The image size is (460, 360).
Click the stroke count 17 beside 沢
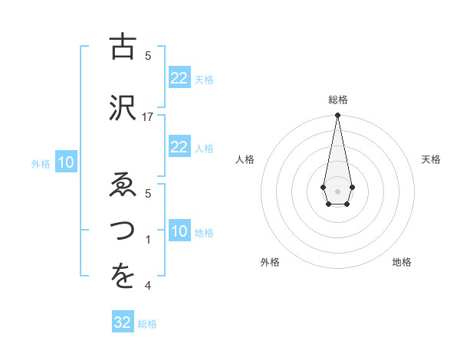pyautogui.click(x=148, y=116)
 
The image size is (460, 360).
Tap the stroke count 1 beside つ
pyautogui.click(x=149, y=239)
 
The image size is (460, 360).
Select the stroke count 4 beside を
pyautogui.click(x=148, y=286)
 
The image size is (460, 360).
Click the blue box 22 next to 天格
pyautogui.click(x=179, y=78)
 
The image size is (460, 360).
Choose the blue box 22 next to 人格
pyautogui.click(x=179, y=147)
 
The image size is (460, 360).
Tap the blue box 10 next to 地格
pyautogui.click(x=179, y=231)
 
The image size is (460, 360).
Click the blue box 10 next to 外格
pyautogui.click(x=66, y=162)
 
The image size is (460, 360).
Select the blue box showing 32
pyautogui.click(x=123, y=322)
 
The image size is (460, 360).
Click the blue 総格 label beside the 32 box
pyautogui.click(x=147, y=324)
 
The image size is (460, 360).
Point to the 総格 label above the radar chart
pyautogui.click(x=338, y=100)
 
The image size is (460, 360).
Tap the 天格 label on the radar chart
pyautogui.click(x=431, y=159)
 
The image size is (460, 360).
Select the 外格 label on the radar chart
pyautogui.click(x=270, y=262)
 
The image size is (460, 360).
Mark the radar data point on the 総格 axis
pyautogui.click(x=337, y=116)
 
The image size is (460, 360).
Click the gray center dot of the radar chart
pyautogui.click(x=337, y=190)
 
